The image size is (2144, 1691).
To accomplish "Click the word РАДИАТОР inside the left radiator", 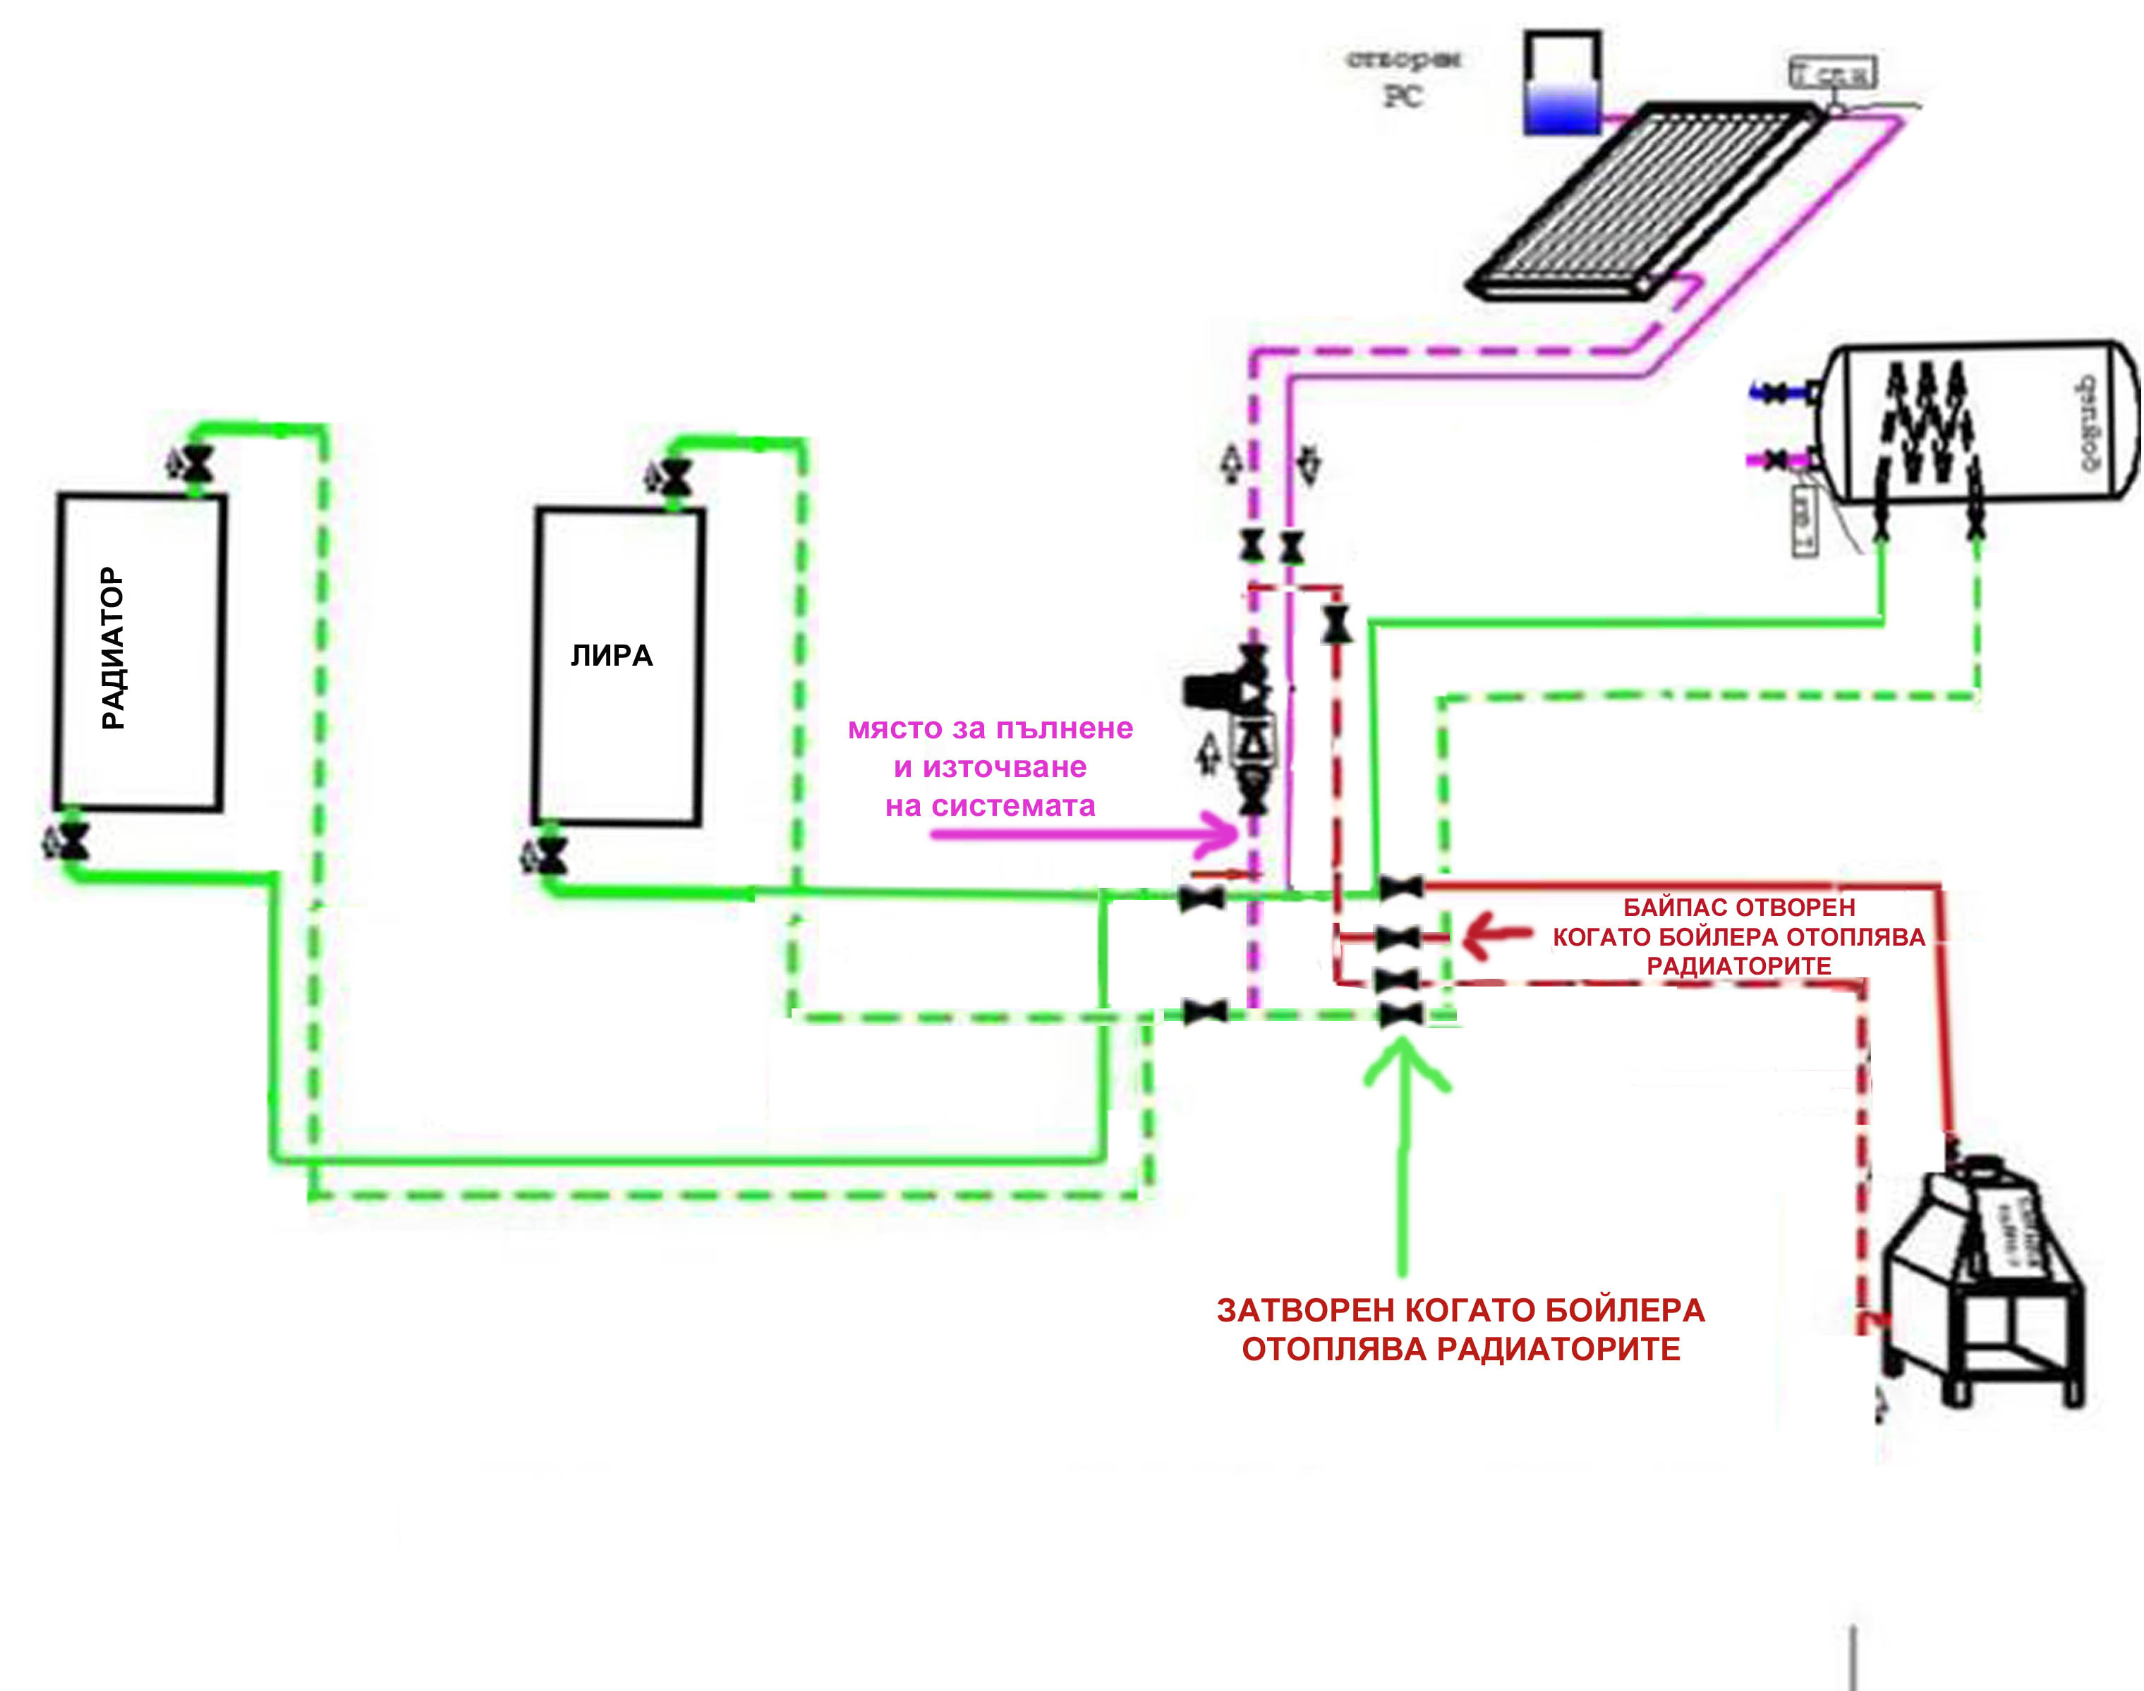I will pyautogui.click(x=114, y=649).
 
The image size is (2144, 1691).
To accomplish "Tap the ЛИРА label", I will pyautogui.click(x=611, y=655).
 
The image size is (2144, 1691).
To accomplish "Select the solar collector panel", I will pyautogui.click(x=1644, y=198).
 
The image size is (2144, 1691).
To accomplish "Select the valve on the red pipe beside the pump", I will pyautogui.click(x=1337, y=625).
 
